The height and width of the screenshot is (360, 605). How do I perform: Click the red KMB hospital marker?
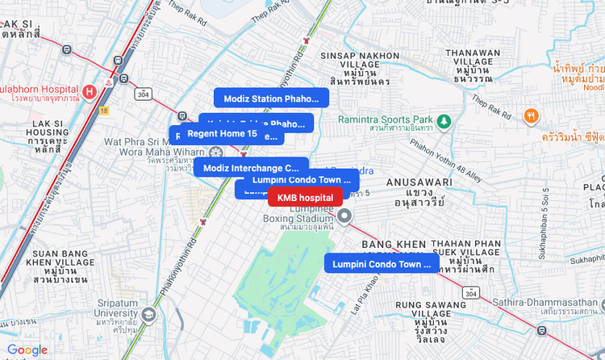(305, 198)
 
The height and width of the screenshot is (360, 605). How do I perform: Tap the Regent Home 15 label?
(222, 133)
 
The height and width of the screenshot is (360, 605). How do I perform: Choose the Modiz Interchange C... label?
(240, 168)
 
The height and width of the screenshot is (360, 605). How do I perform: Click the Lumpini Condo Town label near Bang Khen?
(382, 264)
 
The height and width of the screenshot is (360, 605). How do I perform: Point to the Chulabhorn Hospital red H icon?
(90, 90)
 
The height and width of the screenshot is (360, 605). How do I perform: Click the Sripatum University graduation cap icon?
(148, 314)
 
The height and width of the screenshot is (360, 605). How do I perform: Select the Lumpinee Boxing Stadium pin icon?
(344, 216)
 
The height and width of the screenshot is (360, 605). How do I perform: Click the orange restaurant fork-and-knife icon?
(531, 115)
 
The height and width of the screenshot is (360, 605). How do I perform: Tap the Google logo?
(27, 350)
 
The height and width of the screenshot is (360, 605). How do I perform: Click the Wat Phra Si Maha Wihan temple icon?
(215, 152)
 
